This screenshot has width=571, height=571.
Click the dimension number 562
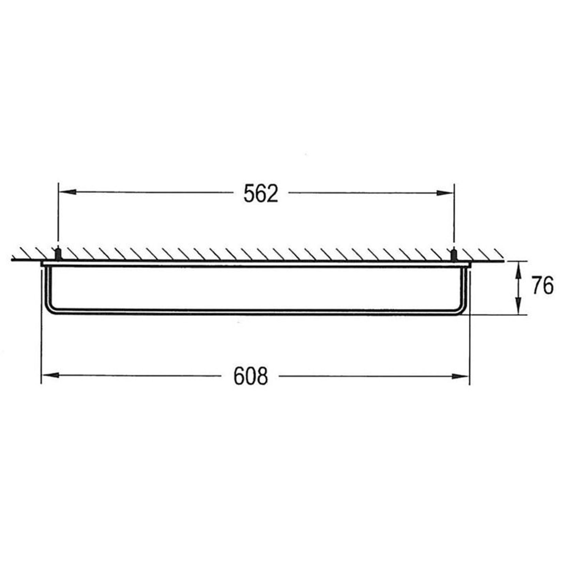[x=261, y=194]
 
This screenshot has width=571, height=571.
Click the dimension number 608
[x=251, y=376]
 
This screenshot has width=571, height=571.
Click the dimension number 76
[x=543, y=285]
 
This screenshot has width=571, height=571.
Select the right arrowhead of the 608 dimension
[x=461, y=376]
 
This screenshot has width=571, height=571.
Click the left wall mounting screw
[x=58, y=254]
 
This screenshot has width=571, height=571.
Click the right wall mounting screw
[x=453, y=254]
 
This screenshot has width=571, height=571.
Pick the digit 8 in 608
[x=262, y=376]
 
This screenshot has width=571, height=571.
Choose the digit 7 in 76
[x=537, y=285]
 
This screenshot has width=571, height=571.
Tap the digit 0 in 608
[x=251, y=376]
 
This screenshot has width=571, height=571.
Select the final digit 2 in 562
[x=273, y=194]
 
